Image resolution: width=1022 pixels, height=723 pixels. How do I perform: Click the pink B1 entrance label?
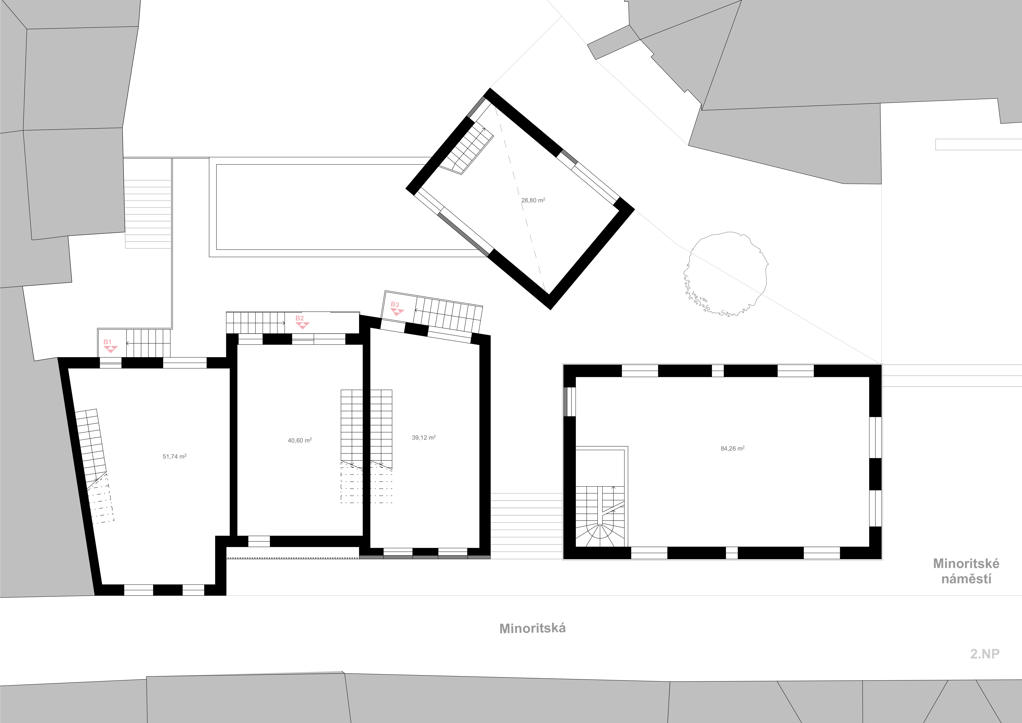(107, 342)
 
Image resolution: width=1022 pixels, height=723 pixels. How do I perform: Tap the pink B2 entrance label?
(300, 318)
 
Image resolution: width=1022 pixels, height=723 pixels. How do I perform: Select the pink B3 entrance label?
(395, 305)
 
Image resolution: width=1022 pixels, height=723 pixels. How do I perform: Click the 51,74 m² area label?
(174, 456)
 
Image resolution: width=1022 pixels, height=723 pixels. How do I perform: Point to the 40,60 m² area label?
(300, 440)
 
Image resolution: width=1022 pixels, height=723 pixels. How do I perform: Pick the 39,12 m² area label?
(424, 438)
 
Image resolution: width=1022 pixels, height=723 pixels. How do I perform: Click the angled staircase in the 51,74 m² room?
(94, 465)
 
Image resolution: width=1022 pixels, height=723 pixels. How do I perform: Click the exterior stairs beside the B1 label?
(148, 343)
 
